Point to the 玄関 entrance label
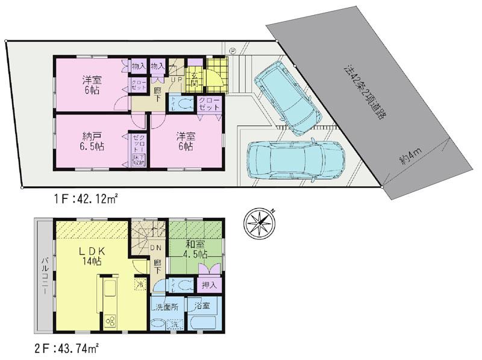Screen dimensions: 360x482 196,80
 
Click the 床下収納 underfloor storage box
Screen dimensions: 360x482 138,160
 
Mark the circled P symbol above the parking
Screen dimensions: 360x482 232,50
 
